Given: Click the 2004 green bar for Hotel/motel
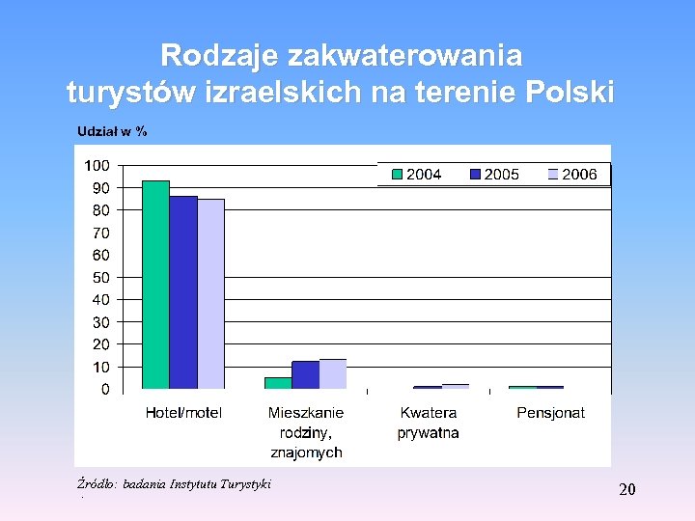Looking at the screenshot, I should [156, 285].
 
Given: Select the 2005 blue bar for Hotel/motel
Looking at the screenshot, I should [183, 292].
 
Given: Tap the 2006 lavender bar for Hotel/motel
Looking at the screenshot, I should [210, 294].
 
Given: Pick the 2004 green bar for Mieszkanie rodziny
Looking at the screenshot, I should [278, 383].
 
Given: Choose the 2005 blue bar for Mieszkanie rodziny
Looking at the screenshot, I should [305, 375].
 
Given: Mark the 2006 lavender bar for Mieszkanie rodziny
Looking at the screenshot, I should [333, 374].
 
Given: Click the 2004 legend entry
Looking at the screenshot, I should [416, 175].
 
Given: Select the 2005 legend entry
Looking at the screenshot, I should [493, 175].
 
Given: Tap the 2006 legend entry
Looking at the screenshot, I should [571, 175].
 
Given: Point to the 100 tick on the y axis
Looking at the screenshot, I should [97, 165].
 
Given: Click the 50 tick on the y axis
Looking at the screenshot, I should [101, 277].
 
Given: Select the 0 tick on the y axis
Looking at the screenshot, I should [105, 389].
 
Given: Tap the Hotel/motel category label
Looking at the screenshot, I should [183, 413].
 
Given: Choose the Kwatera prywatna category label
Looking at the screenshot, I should [428, 423].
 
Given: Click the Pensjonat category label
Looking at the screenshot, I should [550, 413].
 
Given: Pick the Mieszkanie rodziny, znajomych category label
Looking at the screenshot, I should [306, 432].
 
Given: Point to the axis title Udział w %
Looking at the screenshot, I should [112, 131].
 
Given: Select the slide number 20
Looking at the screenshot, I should [626, 490].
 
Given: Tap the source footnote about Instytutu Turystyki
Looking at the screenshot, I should [174, 483].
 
